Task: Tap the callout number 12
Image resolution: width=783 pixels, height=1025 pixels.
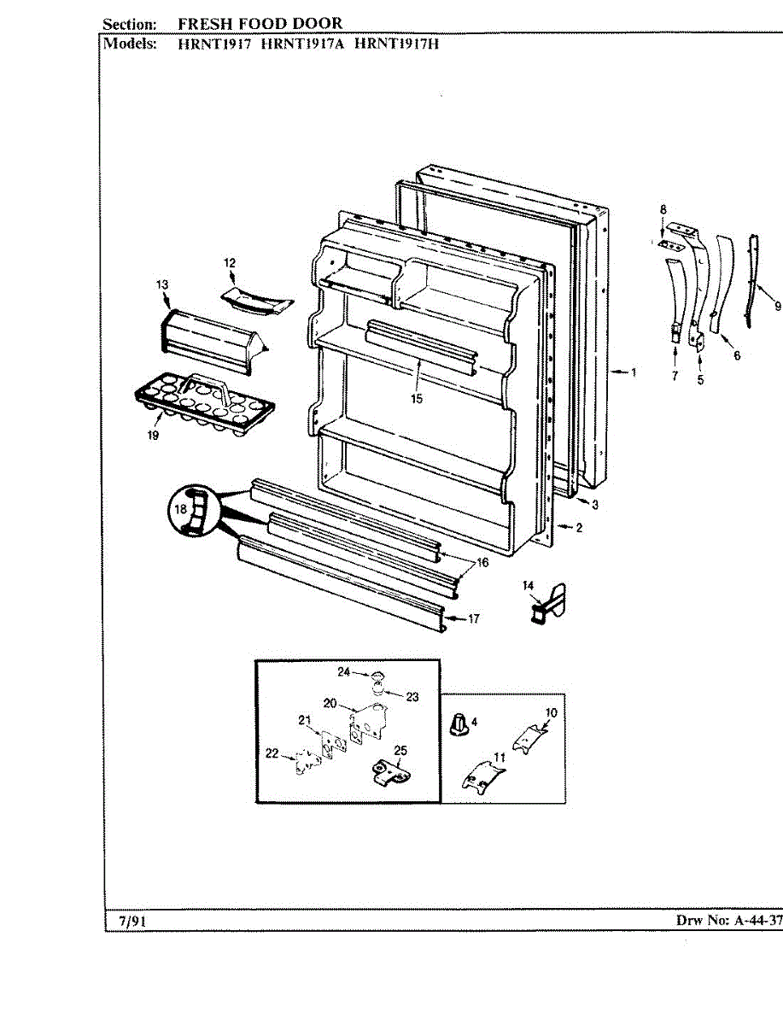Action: click(x=230, y=263)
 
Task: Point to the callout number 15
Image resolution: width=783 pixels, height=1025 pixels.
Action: click(x=416, y=398)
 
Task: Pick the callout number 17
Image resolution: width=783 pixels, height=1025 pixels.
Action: click(x=473, y=619)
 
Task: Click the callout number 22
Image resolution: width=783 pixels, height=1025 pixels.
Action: click(x=272, y=753)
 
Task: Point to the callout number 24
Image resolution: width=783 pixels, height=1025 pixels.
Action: click(x=344, y=672)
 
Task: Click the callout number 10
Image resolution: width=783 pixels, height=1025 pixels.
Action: click(x=551, y=712)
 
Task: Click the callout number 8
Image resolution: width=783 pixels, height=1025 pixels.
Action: click(x=662, y=210)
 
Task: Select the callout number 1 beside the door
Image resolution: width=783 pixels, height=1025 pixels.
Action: click(x=634, y=372)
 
